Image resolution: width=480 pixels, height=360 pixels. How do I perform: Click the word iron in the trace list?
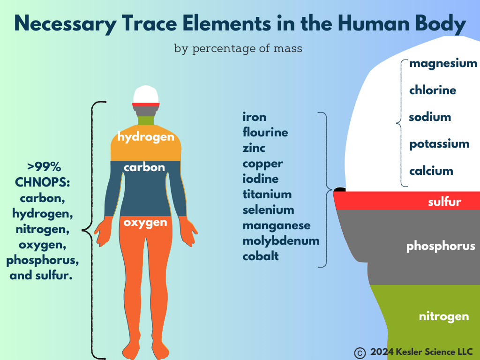click(x=255, y=117)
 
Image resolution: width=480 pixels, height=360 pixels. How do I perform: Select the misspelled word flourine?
click(x=265, y=132)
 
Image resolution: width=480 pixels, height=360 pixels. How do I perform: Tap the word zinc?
click(x=254, y=148)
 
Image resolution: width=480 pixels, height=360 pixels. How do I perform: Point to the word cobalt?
click(x=261, y=256)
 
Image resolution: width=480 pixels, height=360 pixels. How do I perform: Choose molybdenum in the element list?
click(x=281, y=241)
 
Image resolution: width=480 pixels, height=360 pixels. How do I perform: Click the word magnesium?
click(x=443, y=63)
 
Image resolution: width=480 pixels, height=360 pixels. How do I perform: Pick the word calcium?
click(x=431, y=171)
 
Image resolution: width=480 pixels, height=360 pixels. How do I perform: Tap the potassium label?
click(x=439, y=144)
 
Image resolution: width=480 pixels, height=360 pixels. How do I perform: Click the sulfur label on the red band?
click(x=444, y=202)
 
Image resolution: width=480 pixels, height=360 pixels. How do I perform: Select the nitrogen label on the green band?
click(x=444, y=316)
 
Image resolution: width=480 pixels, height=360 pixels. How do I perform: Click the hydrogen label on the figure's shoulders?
click(x=146, y=137)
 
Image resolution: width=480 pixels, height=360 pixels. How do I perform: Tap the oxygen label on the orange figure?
click(x=145, y=223)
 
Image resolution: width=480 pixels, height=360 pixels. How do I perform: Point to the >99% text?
click(x=44, y=167)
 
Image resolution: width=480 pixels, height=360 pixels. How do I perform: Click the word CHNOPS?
click(x=43, y=182)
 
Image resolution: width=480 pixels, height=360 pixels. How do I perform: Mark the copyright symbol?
click(x=360, y=353)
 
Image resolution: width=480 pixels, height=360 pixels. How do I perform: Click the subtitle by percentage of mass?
click(x=238, y=48)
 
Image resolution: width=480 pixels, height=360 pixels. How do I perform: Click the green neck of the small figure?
click(x=146, y=120)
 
